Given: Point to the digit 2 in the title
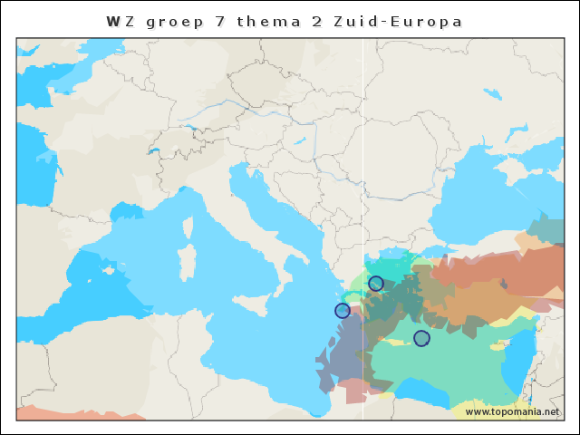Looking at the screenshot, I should (x=317, y=21).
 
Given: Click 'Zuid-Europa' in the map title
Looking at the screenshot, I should (x=399, y=21).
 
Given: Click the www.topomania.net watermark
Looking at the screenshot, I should (x=512, y=412).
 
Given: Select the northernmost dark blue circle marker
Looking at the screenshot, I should (x=376, y=284).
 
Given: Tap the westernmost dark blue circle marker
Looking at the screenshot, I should (x=343, y=311).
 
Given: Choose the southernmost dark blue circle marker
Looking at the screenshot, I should (x=421, y=338).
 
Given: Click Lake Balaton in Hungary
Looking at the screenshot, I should (x=297, y=141).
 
